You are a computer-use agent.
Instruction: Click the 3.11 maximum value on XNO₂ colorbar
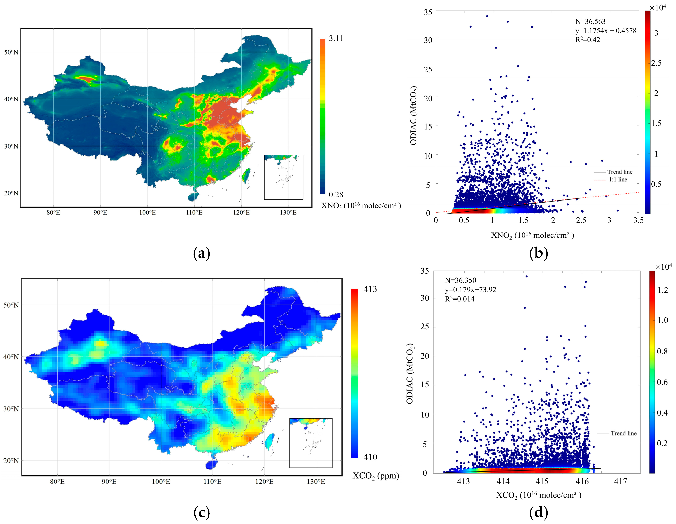point(336,38)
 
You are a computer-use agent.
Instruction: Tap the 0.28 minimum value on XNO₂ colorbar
point(336,194)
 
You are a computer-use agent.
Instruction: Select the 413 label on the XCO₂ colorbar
point(370,289)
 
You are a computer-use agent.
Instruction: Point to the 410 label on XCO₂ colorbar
point(370,457)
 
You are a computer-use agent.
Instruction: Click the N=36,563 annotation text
point(590,22)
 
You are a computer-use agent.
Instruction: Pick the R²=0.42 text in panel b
point(587,40)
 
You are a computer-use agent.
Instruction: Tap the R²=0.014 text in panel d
point(460,299)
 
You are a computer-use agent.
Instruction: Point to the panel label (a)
point(201,253)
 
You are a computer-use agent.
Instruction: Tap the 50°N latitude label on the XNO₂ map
point(11,52)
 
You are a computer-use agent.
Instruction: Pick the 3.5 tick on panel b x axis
point(638,220)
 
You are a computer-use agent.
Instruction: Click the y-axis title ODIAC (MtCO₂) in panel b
point(414,115)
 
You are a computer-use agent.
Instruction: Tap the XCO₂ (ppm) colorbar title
point(376,476)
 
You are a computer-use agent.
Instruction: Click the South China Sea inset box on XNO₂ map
point(284,177)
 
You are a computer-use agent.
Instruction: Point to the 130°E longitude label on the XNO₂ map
point(288,212)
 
